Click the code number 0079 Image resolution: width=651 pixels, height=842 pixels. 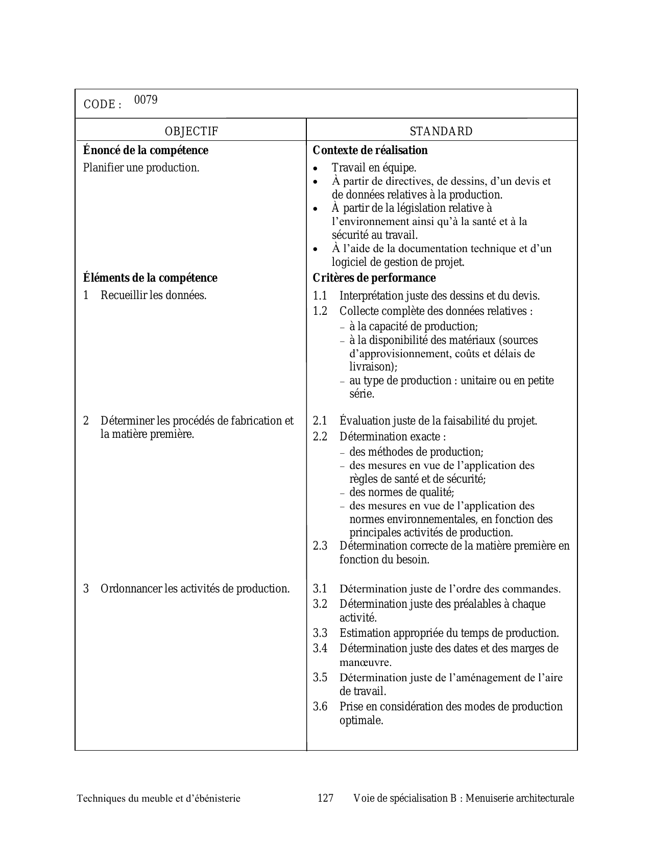tap(146, 100)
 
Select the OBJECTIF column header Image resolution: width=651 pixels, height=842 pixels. tap(191, 132)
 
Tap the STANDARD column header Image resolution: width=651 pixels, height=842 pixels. tap(441, 132)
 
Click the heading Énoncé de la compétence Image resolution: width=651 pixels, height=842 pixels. tap(146, 151)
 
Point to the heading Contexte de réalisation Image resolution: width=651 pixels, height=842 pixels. tap(370, 151)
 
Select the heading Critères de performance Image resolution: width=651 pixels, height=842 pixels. tap(374, 278)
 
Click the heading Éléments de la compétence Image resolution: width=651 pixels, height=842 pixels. tap(150, 278)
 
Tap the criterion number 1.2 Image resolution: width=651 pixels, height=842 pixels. tap(320, 311)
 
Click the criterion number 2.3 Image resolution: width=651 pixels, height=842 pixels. tap(320, 546)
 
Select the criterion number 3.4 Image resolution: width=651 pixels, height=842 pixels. tap(320, 649)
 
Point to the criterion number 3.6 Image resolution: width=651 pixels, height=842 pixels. tap(320, 707)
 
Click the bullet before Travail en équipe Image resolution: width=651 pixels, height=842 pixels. tap(317, 168)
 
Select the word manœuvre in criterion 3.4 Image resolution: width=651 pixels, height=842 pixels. tap(365, 663)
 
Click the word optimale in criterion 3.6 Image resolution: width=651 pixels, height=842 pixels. tap(361, 721)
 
